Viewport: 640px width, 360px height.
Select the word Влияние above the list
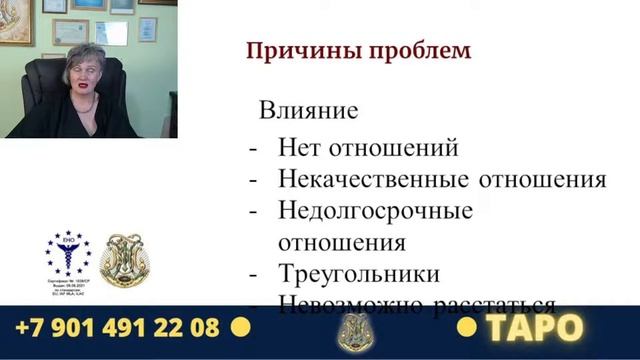point(309,110)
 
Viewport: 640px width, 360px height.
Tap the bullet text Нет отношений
point(368,148)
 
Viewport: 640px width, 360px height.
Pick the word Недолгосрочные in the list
point(375,211)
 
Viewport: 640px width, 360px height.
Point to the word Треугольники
point(359,273)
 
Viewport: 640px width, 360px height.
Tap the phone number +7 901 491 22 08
point(117,327)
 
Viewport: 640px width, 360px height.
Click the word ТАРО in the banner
point(535,327)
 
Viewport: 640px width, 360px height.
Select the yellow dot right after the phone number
point(240,326)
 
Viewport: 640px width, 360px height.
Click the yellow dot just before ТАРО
point(466,327)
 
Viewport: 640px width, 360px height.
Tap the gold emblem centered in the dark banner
point(352,331)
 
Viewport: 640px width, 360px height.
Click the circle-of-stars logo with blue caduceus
point(67,254)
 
